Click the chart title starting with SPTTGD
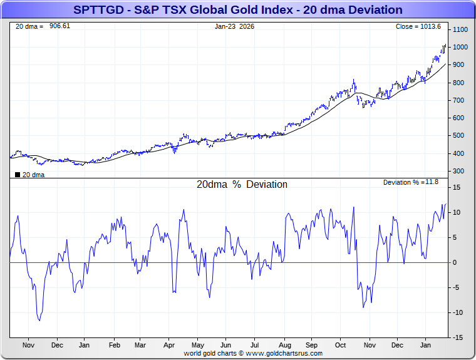tap(238, 10)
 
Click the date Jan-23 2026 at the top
tap(235, 26)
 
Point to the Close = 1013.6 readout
tap(418, 26)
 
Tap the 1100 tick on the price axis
tap(460, 30)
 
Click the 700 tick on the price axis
tap(458, 100)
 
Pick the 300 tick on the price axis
tap(458, 171)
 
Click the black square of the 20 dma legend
tap(18, 175)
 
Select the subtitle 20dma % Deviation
tap(242, 185)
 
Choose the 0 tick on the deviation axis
tap(455, 262)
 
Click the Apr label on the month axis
tap(169, 345)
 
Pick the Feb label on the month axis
tap(115, 345)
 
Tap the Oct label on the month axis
tap(340, 345)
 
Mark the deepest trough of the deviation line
tap(39, 321)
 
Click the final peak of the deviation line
tap(446, 203)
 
